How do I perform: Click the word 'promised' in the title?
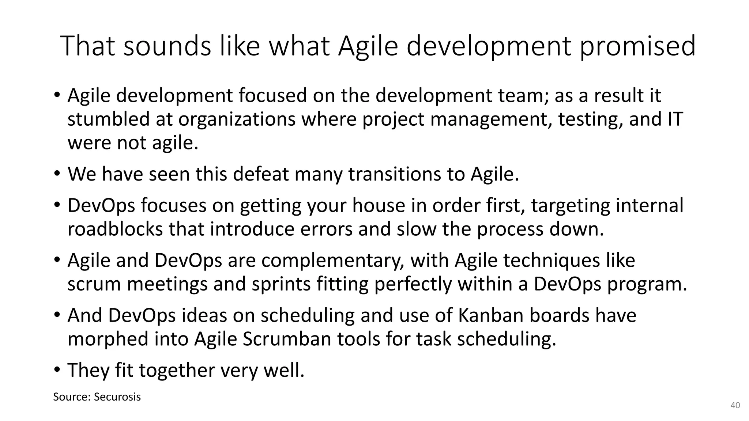(x=637, y=46)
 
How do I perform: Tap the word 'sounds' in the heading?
(x=167, y=46)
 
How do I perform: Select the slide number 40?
(x=735, y=405)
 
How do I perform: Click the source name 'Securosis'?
(x=117, y=397)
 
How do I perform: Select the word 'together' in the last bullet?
(x=177, y=370)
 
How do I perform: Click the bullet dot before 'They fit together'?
(x=57, y=370)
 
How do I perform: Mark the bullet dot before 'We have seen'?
(x=57, y=174)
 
